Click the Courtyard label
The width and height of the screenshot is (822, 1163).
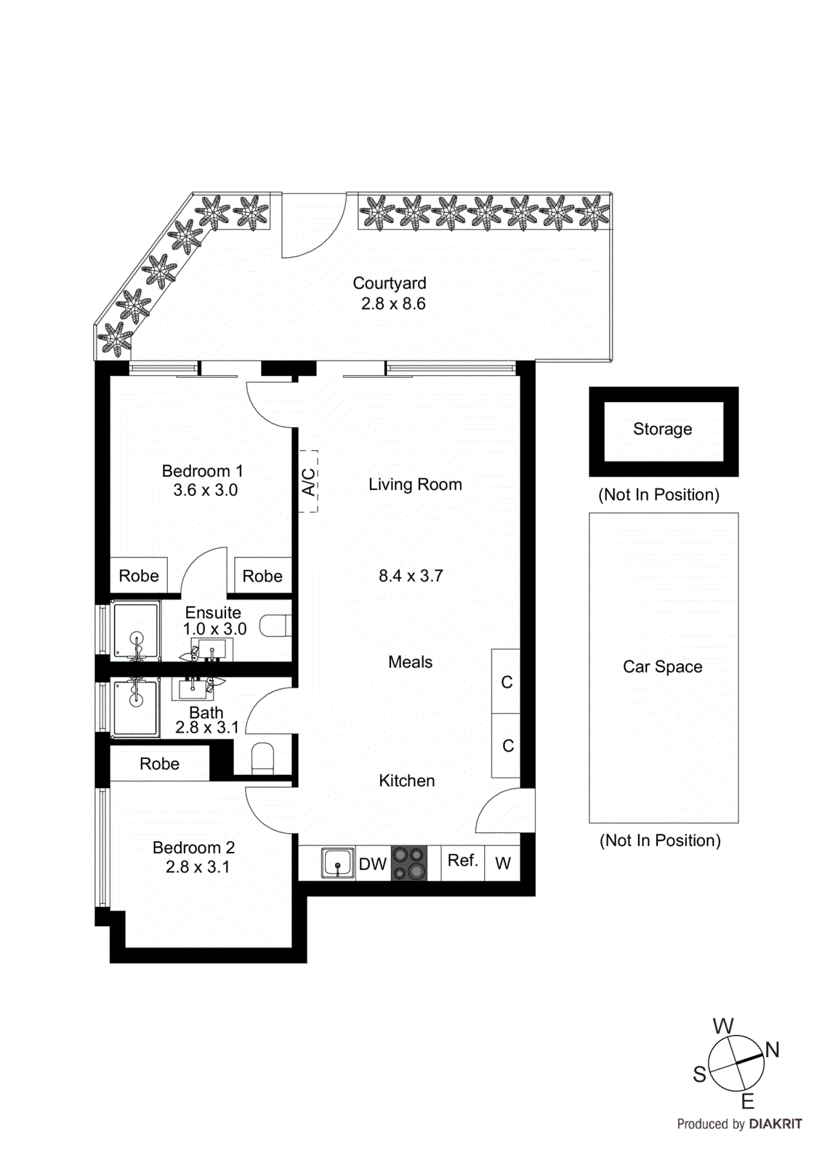[x=390, y=283]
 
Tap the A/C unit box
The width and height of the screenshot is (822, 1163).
[x=309, y=481]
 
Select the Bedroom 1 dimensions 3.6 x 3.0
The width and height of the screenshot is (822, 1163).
[x=205, y=491]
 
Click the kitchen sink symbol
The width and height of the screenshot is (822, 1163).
[x=338, y=864]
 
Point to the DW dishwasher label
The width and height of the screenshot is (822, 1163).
[x=373, y=864]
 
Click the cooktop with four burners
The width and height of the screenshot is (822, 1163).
[x=409, y=864]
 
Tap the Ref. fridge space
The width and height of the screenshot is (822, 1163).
[x=462, y=861]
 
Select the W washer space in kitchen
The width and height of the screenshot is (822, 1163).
[x=503, y=864]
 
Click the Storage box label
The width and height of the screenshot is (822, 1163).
[x=662, y=430]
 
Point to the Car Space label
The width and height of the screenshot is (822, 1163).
[x=662, y=667]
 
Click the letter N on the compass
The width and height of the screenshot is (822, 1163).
[x=772, y=1050]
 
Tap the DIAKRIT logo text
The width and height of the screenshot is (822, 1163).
[x=775, y=1124]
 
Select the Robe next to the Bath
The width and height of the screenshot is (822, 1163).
[x=159, y=764]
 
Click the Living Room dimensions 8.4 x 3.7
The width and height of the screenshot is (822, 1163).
[x=411, y=576]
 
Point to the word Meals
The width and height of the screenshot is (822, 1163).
[x=410, y=662]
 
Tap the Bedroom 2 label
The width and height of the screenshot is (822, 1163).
[x=193, y=848]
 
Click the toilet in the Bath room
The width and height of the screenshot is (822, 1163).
[x=262, y=758]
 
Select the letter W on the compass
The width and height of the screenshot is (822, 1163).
[x=723, y=1026]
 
